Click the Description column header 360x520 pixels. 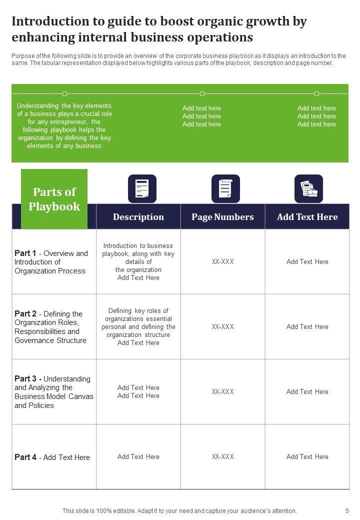point(138,217)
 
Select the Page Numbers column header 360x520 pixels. point(222,217)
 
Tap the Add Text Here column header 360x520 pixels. point(307,217)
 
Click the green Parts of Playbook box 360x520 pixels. point(54,199)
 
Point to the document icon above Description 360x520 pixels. point(142,188)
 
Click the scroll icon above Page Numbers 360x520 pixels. point(225,188)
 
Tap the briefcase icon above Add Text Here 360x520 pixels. point(308,188)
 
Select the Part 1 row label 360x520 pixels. point(51,262)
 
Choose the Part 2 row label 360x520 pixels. point(50,327)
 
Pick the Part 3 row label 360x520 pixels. point(53,392)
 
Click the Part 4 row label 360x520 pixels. point(52,457)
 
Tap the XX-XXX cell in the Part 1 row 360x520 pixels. point(222,261)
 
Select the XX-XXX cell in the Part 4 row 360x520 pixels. point(222,456)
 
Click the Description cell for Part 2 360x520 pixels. point(138,326)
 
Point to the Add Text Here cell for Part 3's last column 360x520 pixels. point(307,391)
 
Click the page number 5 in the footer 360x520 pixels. point(347,510)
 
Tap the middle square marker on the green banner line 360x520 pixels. point(202,93)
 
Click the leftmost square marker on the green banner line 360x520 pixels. point(64,93)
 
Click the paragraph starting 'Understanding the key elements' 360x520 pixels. point(64,126)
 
